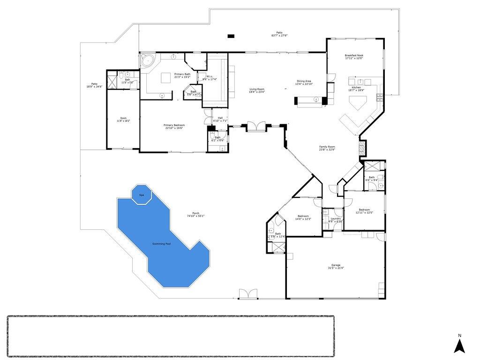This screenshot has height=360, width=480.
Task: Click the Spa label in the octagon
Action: click(x=141, y=195)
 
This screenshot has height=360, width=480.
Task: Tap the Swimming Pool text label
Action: click(x=161, y=244)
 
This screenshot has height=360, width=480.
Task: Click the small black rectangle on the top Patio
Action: click(x=231, y=36)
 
